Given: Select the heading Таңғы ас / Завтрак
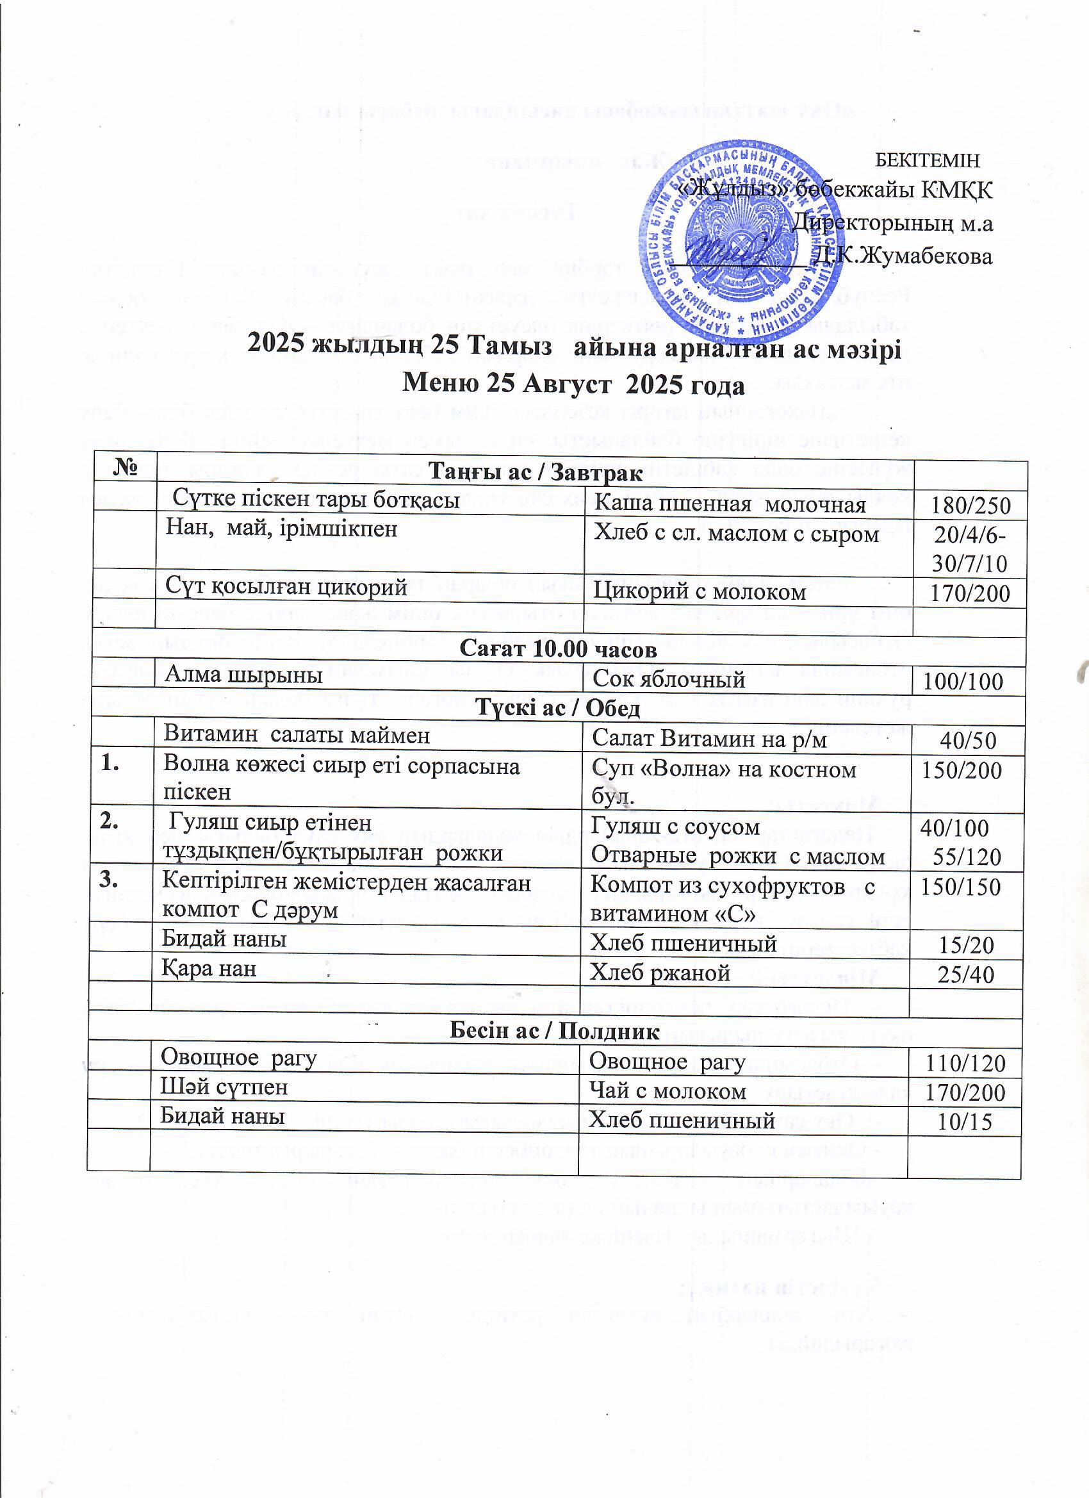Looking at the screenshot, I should pyautogui.click(x=535, y=473).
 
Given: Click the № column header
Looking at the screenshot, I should pyautogui.click(x=125, y=468).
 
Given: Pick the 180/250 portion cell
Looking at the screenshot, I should pyautogui.click(x=970, y=506).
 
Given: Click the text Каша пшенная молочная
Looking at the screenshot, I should pyautogui.click(x=730, y=505).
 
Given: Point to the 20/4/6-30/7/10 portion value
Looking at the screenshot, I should pyautogui.click(x=969, y=548).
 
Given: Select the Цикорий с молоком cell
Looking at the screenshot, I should pyautogui.click(x=700, y=591).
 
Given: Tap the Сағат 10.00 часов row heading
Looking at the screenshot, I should pyautogui.click(x=558, y=649).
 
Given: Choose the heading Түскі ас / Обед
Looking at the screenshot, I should pyautogui.click(x=558, y=709).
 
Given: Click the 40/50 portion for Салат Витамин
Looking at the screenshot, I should pyautogui.click(x=967, y=741).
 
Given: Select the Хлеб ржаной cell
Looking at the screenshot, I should pyautogui.click(x=660, y=972).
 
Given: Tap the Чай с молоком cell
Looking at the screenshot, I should pyautogui.click(x=667, y=1091).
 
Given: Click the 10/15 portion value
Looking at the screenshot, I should pyautogui.click(x=965, y=1122).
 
